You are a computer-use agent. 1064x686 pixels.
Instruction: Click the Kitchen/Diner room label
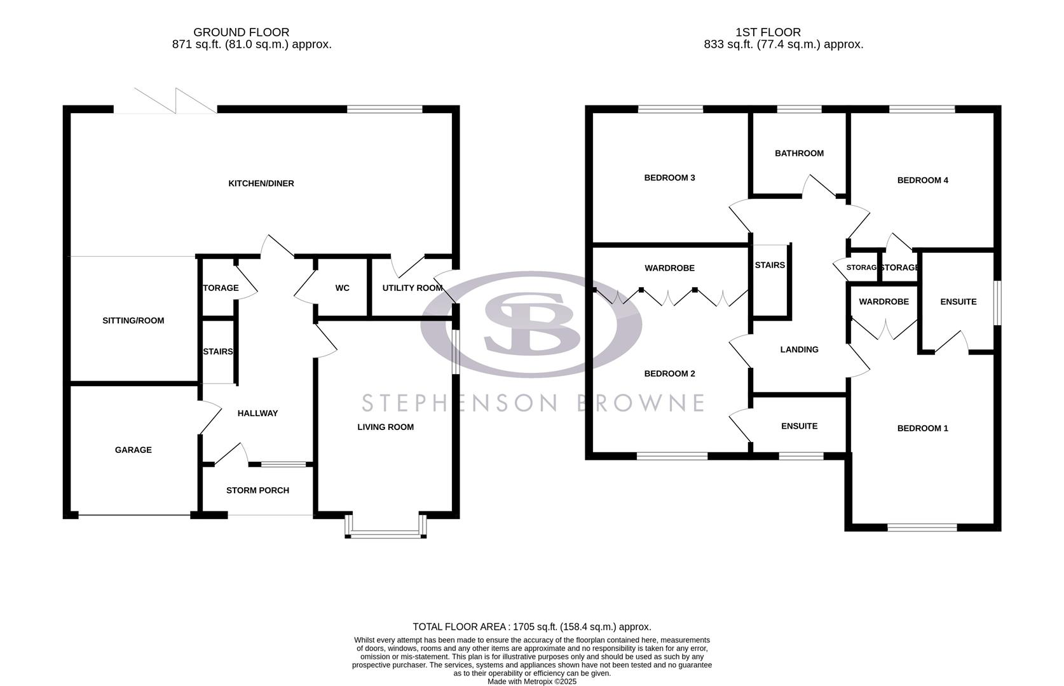[261, 184]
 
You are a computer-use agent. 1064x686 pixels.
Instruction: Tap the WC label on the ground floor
[342, 288]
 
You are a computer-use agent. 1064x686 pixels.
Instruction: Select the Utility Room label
[412, 288]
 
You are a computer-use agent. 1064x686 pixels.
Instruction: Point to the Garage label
[133, 450]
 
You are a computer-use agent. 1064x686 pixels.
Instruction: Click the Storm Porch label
[257, 490]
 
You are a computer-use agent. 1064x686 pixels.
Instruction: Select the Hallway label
[257, 414]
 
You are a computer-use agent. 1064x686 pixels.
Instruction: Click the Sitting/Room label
[133, 321]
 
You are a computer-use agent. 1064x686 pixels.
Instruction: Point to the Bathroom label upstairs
[799, 153]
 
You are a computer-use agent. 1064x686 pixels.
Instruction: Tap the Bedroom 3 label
[669, 178]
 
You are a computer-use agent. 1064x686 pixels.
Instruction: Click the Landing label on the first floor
[799, 349]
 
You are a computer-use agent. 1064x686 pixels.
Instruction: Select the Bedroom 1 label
[922, 429]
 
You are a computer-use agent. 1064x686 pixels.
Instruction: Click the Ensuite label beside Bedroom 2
[799, 426]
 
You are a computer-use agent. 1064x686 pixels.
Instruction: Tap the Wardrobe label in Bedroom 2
[669, 269]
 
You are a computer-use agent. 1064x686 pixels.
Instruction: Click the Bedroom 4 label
[922, 180]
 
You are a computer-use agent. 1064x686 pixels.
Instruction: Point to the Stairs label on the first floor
[770, 266]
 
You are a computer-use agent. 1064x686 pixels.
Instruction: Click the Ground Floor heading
[241, 32]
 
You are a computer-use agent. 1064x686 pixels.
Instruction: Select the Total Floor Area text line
[531, 627]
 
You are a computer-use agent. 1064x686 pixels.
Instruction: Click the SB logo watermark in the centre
[531, 324]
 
